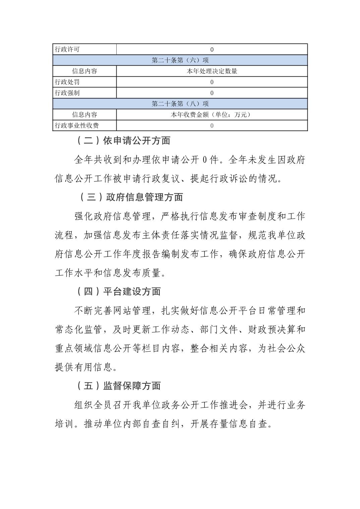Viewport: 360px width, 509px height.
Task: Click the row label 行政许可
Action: pos(67,50)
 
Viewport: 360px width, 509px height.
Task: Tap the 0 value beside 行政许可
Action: pos(212,50)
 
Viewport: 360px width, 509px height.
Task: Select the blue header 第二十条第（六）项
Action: pos(180,60)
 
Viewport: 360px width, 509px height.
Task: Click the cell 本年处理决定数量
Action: pos(212,71)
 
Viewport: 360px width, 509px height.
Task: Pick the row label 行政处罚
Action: pos(67,82)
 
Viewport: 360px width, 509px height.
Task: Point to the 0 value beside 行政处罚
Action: pos(212,82)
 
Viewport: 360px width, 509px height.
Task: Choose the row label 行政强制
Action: pos(67,93)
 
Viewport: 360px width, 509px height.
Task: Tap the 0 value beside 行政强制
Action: pos(212,93)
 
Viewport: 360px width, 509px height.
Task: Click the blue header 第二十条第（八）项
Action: pos(180,104)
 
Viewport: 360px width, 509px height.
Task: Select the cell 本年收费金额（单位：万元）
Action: pos(212,115)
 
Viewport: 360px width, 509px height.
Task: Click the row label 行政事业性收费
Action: pos(77,126)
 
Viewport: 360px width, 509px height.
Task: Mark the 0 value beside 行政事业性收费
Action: pos(212,126)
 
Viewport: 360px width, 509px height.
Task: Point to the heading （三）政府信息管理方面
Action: pos(131,197)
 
